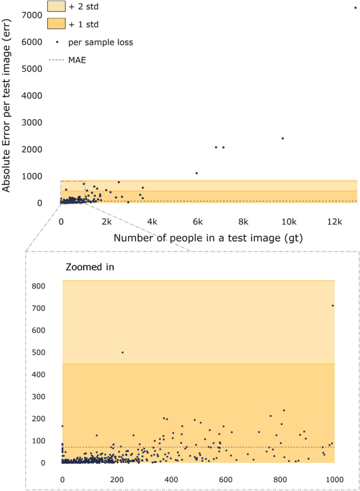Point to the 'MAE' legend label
[77, 60]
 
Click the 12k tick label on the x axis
[335, 222]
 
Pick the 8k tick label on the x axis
[243, 222]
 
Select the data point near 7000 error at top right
[355, 8]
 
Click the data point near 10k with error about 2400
[282, 138]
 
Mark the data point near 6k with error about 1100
[196, 173]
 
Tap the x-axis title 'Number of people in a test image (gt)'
[208, 237]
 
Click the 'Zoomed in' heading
[91, 267]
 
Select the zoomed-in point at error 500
[123, 353]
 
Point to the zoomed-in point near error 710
[332, 305]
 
